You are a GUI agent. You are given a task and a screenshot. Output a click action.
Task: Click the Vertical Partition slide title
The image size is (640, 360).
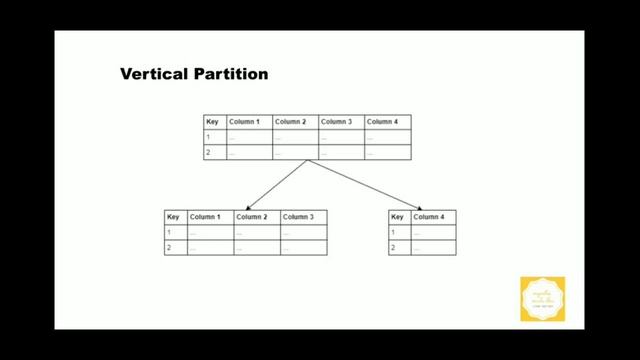pos(194,74)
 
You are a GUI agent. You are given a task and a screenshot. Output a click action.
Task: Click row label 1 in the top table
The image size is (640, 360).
pos(209,137)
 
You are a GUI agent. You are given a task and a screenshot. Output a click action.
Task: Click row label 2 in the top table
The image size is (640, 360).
pos(209,152)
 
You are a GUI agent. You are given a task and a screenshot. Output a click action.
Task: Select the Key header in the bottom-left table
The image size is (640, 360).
pos(173,217)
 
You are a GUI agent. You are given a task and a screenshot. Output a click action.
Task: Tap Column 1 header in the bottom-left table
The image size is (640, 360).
pos(205,217)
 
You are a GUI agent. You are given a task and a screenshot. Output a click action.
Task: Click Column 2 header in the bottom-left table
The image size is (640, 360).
pos(251,217)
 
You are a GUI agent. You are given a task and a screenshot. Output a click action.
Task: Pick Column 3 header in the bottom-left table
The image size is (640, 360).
pos(298,217)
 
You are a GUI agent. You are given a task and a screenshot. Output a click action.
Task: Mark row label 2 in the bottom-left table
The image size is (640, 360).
pos(170,246)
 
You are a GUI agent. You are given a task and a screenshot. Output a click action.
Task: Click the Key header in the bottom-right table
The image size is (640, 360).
pos(397,217)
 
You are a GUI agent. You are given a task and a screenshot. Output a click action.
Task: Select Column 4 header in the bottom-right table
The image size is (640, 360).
pos(428,217)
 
